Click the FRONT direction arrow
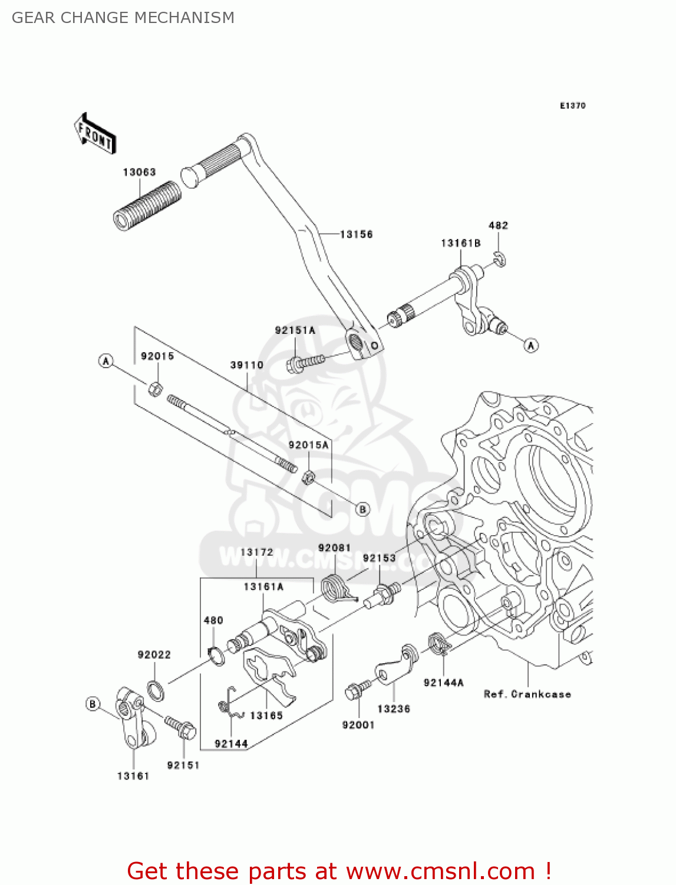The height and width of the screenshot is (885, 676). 95,134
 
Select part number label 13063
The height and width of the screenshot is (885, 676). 139,172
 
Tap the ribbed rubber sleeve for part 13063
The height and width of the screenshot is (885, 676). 147,205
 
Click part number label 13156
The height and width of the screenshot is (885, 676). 357,234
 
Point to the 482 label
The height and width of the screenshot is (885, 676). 498,225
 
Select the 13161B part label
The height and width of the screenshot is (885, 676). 460,243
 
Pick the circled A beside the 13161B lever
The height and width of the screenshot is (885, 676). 531,345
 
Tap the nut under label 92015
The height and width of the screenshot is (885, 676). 155,389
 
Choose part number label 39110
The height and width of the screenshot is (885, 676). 246,365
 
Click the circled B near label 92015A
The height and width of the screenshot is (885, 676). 362,509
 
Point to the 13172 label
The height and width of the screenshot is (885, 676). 257,552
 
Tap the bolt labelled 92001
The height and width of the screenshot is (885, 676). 357,690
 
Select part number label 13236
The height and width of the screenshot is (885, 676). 394,709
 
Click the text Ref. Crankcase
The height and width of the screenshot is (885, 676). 527,694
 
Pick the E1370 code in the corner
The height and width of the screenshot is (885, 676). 572,106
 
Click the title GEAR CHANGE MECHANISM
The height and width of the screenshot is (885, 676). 123,18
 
